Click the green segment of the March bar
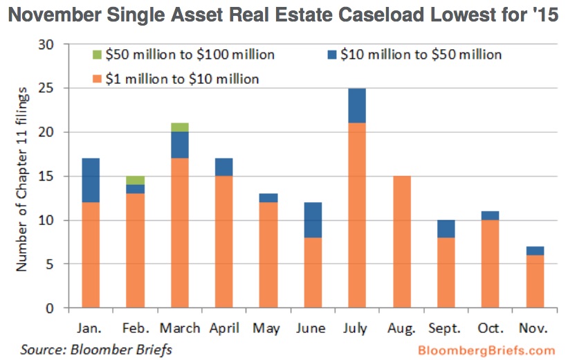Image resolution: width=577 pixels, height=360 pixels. [x=180, y=127]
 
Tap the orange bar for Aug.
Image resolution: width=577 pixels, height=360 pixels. [x=402, y=242]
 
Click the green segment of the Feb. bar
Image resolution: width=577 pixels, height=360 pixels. [x=136, y=180]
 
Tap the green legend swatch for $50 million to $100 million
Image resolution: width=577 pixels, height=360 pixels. [x=97, y=55]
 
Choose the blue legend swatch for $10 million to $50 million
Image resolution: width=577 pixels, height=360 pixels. [x=331, y=55]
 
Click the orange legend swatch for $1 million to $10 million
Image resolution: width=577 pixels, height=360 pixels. [x=97, y=79]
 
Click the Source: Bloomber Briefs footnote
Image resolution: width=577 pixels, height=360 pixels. [x=95, y=350]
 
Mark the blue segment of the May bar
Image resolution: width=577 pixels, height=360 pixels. [x=269, y=197]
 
